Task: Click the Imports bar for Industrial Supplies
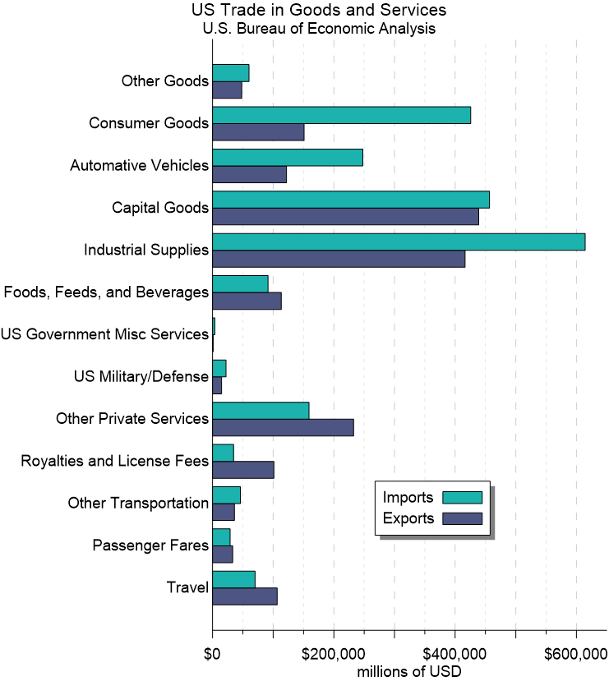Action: [399, 242]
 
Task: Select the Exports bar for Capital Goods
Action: [345, 216]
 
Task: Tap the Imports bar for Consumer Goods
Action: [341, 115]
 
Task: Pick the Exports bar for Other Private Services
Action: [283, 427]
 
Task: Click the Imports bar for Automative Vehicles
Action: [288, 157]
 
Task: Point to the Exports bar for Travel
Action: [245, 596]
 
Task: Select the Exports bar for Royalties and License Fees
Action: [243, 470]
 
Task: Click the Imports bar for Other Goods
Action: [231, 72]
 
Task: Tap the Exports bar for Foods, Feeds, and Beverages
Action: [247, 301]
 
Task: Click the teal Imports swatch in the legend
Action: [462, 497]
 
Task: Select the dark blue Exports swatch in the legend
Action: [462, 518]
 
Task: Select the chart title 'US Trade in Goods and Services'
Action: [319, 11]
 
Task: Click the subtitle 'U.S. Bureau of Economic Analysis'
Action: [319, 28]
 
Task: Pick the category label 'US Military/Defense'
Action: [141, 377]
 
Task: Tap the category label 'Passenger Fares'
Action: [150, 545]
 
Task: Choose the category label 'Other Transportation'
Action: [138, 504]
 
